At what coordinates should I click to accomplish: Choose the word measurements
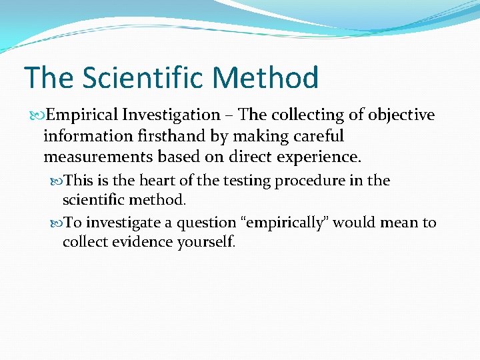coord(91,158)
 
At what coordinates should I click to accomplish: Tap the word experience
coord(317,158)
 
